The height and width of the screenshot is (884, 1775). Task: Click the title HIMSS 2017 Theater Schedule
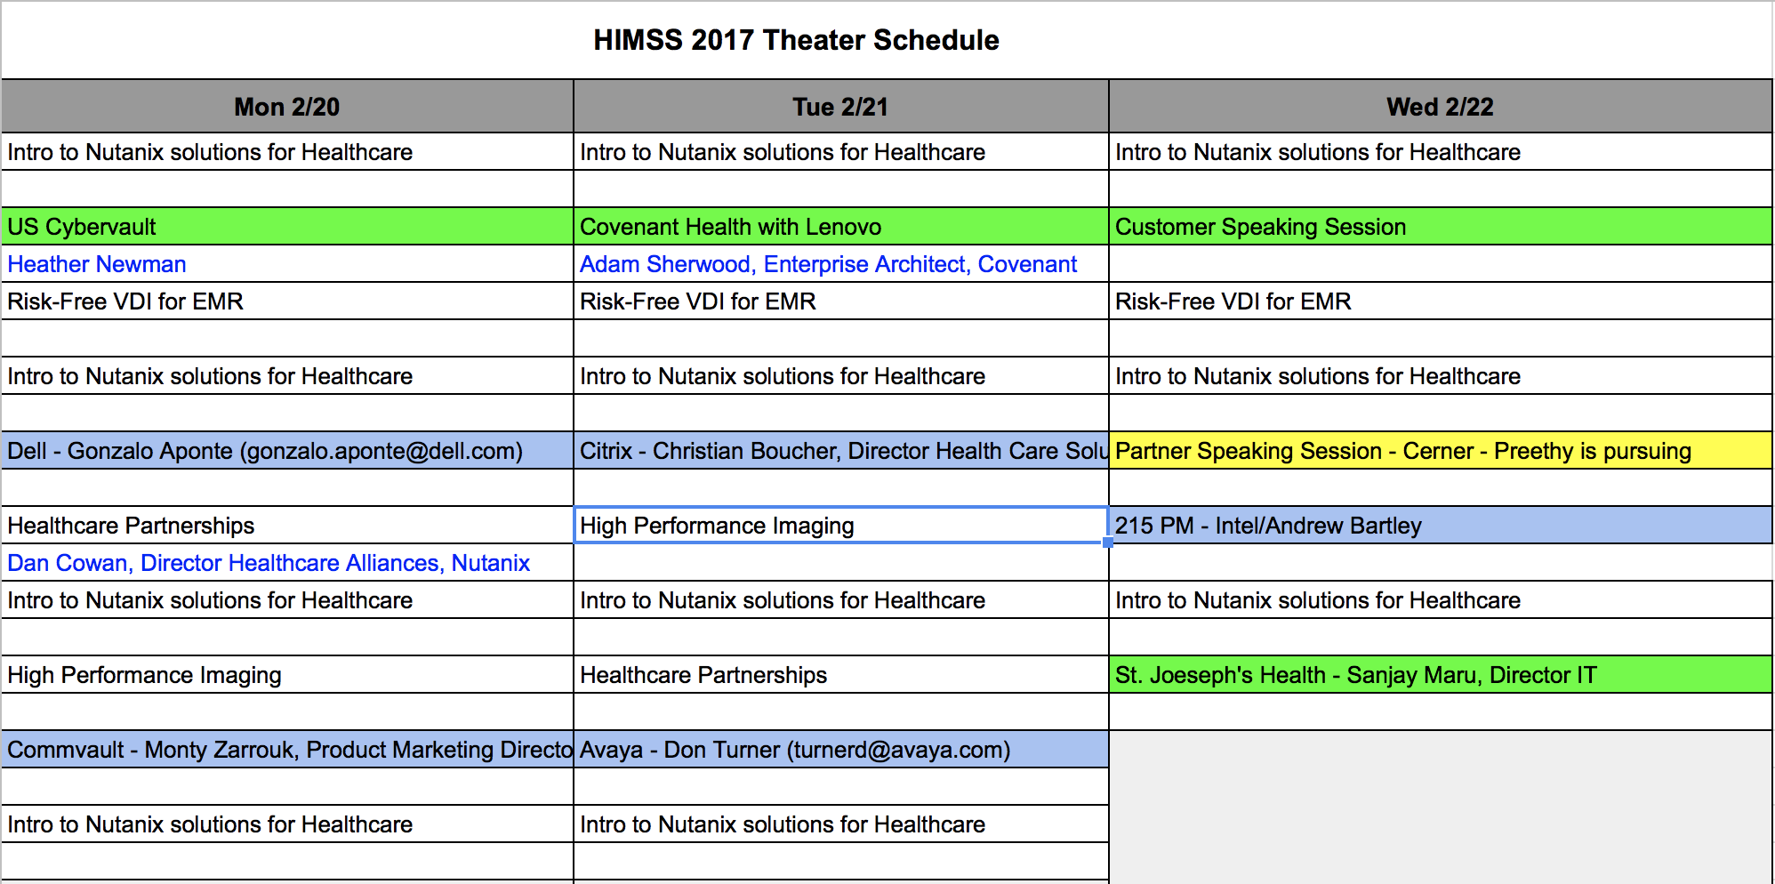tap(796, 40)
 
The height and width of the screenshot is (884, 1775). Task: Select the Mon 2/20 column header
tap(287, 107)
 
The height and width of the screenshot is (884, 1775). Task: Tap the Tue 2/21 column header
tap(840, 107)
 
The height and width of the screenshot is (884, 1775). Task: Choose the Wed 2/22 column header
tap(1440, 107)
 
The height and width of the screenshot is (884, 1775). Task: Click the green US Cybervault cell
tap(287, 227)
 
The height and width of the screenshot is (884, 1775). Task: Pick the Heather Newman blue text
tap(97, 264)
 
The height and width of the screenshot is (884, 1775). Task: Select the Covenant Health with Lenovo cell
tap(840, 227)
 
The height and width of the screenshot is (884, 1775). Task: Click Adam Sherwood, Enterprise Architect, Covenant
tap(828, 264)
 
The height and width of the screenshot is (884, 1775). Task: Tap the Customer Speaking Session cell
tap(1440, 227)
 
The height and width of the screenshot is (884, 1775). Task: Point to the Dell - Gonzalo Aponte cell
tap(287, 451)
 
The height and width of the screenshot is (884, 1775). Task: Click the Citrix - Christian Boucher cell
tap(840, 451)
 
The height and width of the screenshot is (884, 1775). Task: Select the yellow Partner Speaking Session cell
tap(1440, 451)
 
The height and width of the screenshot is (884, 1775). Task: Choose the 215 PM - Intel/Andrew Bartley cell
tap(1440, 526)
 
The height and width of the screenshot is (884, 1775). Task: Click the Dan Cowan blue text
tap(269, 563)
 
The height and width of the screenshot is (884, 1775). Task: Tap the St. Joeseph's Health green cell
tap(1440, 675)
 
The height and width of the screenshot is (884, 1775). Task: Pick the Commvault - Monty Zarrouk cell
tap(287, 750)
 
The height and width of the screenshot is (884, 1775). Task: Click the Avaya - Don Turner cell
tap(840, 750)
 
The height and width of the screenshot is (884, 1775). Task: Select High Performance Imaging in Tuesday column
tap(717, 526)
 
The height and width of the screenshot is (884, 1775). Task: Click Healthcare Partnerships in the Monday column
tap(131, 526)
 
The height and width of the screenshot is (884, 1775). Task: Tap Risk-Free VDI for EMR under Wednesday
tap(1233, 301)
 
